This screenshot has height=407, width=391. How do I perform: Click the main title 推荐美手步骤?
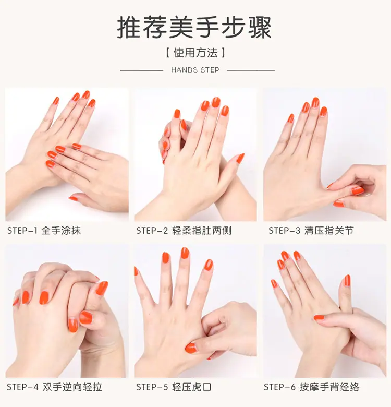[194, 28]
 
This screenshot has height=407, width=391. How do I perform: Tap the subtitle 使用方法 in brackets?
[195, 53]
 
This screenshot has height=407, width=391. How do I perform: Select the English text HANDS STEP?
[195, 70]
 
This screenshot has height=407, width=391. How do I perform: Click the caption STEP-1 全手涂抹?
[44, 231]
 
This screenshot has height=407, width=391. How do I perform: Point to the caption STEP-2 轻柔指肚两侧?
[184, 231]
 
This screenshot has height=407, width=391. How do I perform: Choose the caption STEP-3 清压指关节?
[311, 231]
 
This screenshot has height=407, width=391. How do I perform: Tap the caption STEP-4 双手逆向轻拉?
[54, 387]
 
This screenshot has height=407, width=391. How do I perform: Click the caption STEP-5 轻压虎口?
[174, 387]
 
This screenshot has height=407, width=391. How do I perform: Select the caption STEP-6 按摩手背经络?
[311, 387]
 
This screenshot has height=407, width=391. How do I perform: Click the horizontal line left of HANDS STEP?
[142, 70]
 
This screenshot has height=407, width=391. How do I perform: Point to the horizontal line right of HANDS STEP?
[251, 70]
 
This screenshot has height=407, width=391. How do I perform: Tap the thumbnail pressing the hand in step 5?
[191, 348]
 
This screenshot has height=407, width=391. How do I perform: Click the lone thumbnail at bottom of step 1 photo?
[73, 199]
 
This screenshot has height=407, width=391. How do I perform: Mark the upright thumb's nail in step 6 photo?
[347, 281]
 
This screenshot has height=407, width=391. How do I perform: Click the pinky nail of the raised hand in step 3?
[291, 118]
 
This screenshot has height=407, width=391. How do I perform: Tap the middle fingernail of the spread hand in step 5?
[185, 253]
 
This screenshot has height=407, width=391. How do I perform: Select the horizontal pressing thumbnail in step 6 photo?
[320, 318]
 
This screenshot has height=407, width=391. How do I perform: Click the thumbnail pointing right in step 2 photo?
[240, 158]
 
